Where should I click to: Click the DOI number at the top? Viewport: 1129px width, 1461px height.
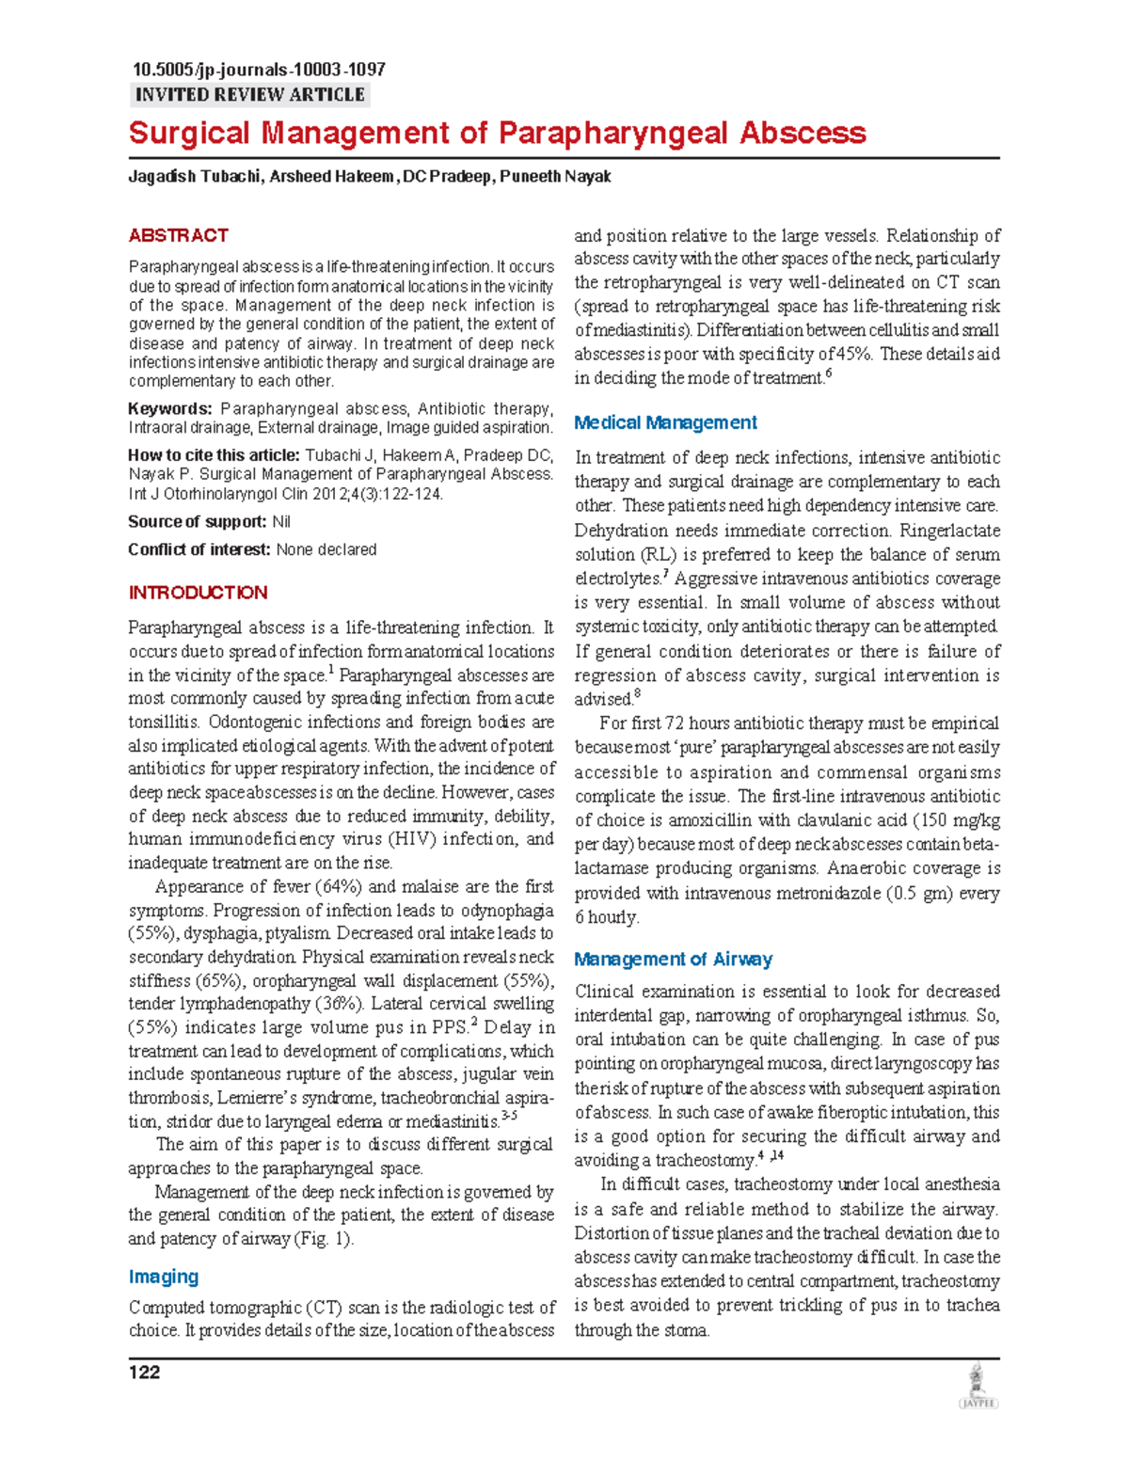[259, 70]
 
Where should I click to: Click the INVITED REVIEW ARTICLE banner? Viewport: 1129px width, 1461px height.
[249, 95]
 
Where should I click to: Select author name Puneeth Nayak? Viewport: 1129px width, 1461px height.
[555, 177]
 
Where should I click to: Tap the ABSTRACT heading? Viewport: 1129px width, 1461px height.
[178, 235]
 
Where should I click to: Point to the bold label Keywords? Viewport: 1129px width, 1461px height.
[169, 409]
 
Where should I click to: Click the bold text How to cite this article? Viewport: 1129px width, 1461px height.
[214, 455]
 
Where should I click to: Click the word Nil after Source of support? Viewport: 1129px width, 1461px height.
[281, 522]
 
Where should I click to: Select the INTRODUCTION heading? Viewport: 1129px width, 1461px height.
[198, 593]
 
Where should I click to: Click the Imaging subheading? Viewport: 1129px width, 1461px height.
[163, 1277]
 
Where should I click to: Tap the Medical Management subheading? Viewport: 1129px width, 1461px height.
[665, 423]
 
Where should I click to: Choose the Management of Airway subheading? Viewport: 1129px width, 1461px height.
[673, 960]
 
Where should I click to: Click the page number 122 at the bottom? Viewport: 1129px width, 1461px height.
[144, 1373]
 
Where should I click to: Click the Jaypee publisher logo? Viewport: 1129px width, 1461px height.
[978, 1387]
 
